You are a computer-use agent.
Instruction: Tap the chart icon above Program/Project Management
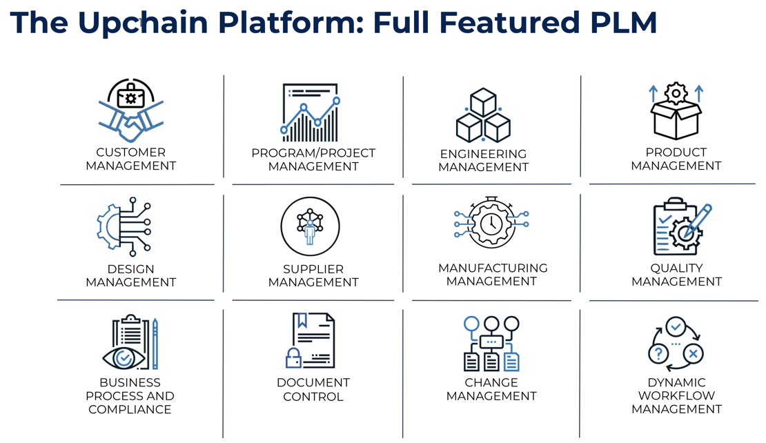pos(311,113)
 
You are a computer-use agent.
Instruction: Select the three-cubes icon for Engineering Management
pos(483,115)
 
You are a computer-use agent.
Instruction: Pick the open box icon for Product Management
pos(676,111)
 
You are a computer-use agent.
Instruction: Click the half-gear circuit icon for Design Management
pos(124,226)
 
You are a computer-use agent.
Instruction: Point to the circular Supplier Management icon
pos(311,226)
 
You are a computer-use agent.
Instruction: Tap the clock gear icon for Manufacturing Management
pos(491,223)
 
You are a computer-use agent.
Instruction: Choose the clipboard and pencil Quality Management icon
pos(682,226)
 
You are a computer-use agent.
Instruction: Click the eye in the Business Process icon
pos(124,358)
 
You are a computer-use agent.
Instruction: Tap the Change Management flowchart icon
pos(491,344)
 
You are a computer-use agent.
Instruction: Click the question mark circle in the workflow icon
pos(658,353)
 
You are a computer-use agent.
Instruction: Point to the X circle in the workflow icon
pos(693,353)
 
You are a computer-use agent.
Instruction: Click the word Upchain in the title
pos(143,23)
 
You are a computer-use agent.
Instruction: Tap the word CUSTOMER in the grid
pos(131,152)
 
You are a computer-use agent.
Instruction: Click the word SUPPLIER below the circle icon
pos(313,269)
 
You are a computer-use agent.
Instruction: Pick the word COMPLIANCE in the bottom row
pos(130,409)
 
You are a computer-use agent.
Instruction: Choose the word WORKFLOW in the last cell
pos(676,395)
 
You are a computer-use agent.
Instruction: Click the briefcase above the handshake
pos(130,96)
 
